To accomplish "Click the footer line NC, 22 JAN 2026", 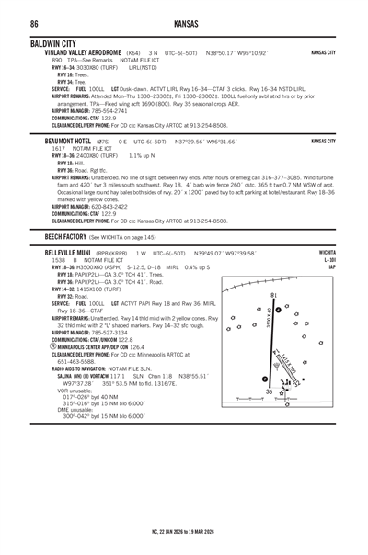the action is click(185, 531).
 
